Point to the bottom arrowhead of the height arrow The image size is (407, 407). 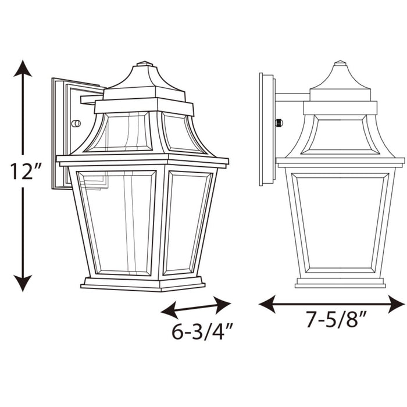(23, 284)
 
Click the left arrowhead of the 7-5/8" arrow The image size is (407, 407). (265, 303)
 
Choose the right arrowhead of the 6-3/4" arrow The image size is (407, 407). (225, 301)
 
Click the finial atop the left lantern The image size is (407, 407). (145, 63)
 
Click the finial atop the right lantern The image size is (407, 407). (340, 63)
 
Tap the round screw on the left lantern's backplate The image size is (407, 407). (75, 123)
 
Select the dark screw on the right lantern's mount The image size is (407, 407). (279, 123)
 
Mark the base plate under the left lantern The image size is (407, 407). (142, 284)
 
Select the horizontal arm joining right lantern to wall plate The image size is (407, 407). (292, 97)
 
